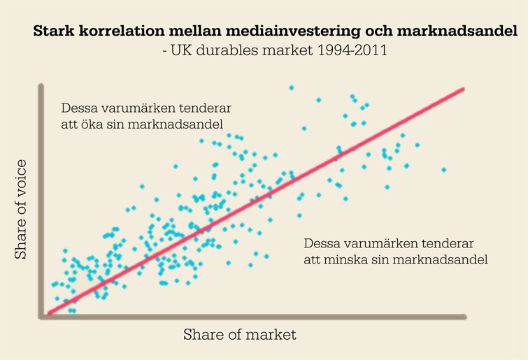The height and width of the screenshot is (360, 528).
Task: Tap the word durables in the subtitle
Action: point(223,51)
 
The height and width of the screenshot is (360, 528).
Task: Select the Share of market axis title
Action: point(240,335)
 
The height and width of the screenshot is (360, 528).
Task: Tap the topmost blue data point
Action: point(291,87)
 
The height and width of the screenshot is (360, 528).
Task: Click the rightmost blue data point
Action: point(443,169)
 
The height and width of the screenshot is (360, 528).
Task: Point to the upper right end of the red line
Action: point(463,89)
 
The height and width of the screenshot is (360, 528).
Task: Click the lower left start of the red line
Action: point(49,314)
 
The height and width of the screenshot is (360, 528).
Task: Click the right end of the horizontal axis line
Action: point(465,317)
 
